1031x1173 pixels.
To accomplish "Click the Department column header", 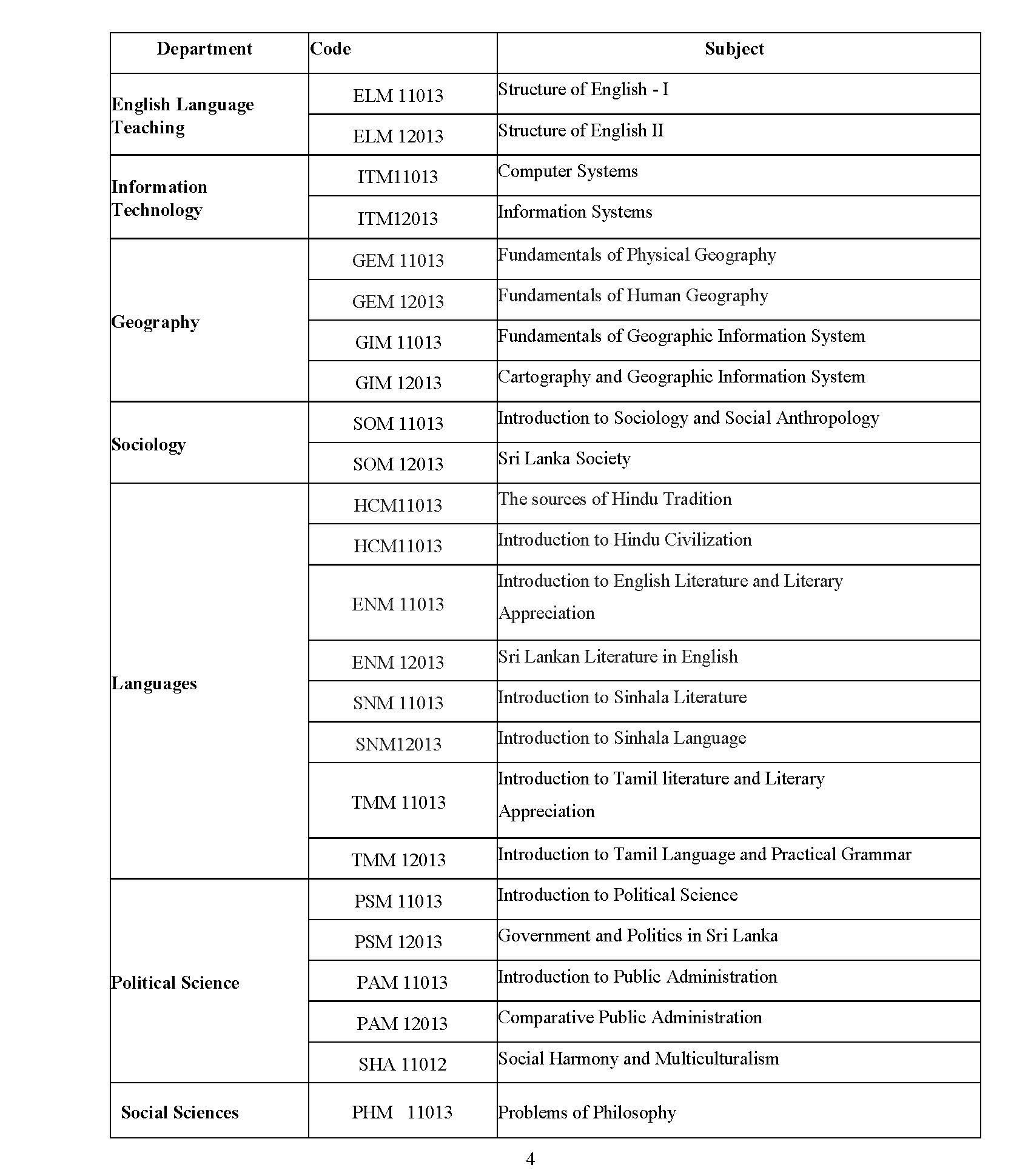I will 204,49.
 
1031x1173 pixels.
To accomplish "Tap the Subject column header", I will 734,49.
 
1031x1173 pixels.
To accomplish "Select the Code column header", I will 331,49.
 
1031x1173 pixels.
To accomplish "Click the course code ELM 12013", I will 398,136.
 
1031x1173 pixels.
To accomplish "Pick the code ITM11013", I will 398,177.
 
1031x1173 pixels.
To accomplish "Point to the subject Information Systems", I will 575,212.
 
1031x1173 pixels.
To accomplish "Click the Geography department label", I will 155,322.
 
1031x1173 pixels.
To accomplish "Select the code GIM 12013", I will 398,383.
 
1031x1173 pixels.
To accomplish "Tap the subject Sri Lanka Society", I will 564,459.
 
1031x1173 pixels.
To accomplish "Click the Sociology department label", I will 149,444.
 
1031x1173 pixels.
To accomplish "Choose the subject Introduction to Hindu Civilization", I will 625,540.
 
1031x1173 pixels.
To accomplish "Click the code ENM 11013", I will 398,604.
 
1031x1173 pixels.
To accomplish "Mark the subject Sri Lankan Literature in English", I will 618,657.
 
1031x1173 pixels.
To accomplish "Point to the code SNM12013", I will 398,744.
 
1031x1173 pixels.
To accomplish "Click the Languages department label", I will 154,684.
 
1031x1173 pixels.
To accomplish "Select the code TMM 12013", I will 398,860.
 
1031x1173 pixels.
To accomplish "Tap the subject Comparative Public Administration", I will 630,1018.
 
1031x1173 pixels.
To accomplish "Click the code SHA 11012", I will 402,1064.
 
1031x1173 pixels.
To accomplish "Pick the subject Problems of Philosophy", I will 586,1113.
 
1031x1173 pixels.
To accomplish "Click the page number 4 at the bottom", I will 530,1159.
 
